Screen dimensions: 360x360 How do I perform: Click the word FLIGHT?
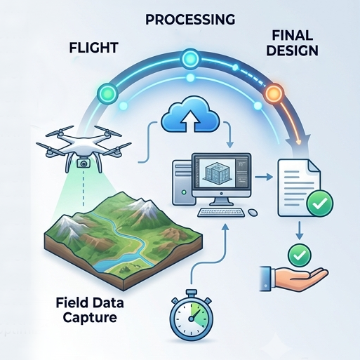[93, 48]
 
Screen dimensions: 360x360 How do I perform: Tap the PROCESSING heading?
[190, 20]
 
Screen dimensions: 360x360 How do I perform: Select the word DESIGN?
[292, 51]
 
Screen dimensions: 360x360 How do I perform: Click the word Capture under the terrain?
[90, 318]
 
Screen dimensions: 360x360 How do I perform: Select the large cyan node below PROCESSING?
[190, 59]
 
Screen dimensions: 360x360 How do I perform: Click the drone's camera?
[83, 164]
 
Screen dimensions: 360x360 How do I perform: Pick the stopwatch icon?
[192, 318]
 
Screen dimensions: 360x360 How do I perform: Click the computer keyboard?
[221, 213]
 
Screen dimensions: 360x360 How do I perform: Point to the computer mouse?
[253, 212]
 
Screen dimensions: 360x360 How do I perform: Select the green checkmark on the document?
[320, 204]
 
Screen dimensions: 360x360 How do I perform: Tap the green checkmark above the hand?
[299, 255]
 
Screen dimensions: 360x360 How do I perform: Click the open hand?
[294, 278]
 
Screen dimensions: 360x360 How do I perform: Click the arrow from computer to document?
[263, 177]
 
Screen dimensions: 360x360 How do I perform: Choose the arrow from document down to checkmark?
[299, 231]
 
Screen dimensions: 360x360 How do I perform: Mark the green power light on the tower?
[184, 192]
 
